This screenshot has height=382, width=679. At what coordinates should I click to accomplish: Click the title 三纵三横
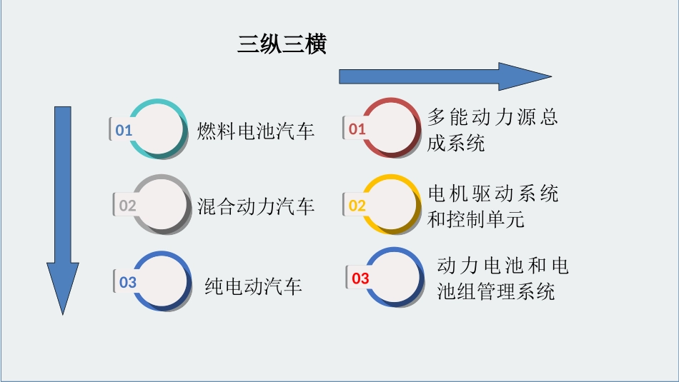282,45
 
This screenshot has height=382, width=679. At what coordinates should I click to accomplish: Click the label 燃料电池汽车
256,131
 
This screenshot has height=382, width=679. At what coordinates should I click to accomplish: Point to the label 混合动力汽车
256,206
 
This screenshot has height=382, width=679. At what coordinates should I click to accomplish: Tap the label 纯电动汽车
253,286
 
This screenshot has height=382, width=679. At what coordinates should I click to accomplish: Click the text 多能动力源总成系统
492,129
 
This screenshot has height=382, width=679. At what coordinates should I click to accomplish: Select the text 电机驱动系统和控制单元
492,206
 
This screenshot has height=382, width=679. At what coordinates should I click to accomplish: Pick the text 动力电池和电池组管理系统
502,278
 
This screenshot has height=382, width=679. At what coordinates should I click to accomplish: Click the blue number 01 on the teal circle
124,130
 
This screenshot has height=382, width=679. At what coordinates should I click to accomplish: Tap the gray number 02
127,206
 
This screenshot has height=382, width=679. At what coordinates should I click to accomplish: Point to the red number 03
360,278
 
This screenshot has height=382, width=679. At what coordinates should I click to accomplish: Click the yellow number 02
357,206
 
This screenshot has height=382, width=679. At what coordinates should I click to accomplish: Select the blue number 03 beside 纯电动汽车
127,282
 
